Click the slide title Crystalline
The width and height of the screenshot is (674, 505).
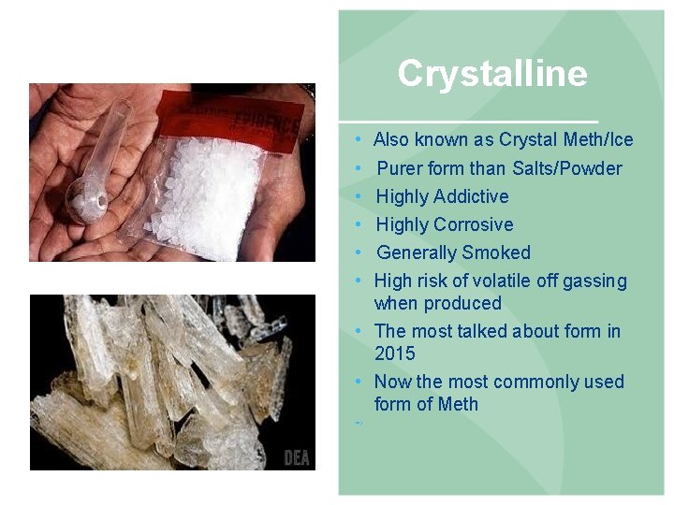492,74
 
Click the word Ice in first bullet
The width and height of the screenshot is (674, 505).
621,140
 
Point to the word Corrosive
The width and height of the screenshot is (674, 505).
475,224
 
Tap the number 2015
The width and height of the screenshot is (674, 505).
394,353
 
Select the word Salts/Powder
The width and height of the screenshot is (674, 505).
566,168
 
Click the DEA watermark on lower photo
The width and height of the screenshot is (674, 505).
298,457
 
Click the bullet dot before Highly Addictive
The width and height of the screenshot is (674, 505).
359,196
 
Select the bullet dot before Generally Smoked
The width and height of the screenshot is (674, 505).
359,252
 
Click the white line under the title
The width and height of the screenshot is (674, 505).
468,123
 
